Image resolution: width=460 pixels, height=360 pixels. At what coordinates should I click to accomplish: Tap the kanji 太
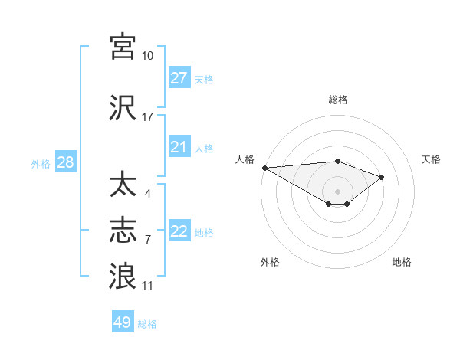pyautogui.click(x=123, y=185)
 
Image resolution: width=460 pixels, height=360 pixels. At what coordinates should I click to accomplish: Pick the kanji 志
pyautogui.click(x=123, y=230)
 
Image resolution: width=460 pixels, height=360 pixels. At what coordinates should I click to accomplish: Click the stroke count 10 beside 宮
pyautogui.click(x=147, y=56)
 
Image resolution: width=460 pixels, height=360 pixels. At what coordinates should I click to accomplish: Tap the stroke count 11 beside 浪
pyautogui.click(x=147, y=286)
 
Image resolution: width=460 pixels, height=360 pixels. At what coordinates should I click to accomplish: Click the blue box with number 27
pyautogui.click(x=179, y=78)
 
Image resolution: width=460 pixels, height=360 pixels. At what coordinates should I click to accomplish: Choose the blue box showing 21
pyautogui.click(x=179, y=147)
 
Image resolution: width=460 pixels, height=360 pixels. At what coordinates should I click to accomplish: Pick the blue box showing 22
pyautogui.click(x=179, y=231)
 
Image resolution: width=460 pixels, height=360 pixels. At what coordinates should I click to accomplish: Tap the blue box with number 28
pyautogui.click(x=65, y=163)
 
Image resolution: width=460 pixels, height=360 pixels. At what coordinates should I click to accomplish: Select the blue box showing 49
pyautogui.click(x=123, y=322)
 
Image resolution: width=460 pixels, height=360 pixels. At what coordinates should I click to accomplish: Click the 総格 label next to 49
pyautogui.click(x=148, y=324)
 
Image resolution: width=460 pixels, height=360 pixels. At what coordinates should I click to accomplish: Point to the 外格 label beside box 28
pyautogui.click(x=41, y=164)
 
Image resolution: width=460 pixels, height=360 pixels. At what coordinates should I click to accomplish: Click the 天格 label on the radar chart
pyautogui.click(x=431, y=159)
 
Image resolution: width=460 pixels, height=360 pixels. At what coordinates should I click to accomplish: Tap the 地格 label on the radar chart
pyautogui.click(x=402, y=262)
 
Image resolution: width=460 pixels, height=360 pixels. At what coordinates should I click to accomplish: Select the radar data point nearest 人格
pyautogui.click(x=264, y=168)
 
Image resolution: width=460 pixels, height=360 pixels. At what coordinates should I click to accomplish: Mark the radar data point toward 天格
pyautogui.click(x=381, y=177)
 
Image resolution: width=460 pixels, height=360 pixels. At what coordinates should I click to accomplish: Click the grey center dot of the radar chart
pyautogui.click(x=337, y=190)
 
